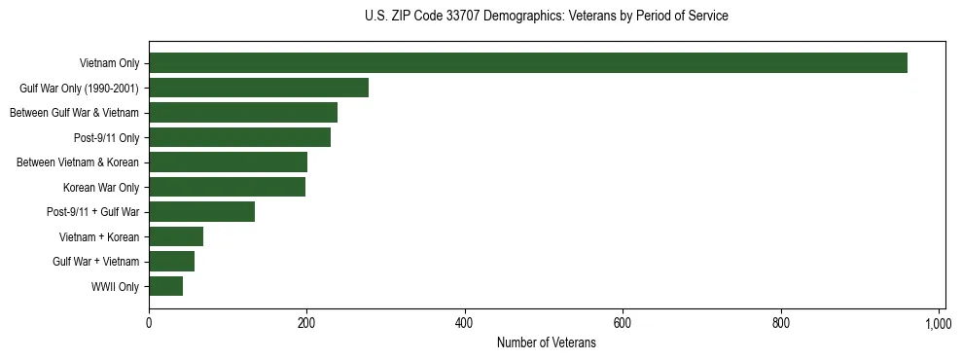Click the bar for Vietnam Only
(528, 63)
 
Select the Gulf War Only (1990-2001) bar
(259, 89)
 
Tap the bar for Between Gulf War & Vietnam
(243, 113)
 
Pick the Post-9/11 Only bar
(239, 137)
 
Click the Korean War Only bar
(227, 187)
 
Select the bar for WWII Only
(165, 286)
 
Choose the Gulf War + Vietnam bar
(171, 262)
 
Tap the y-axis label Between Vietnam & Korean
(78, 162)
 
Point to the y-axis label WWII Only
(116, 287)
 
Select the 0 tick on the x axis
(149, 323)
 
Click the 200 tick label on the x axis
(306, 323)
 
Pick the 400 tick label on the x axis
(465, 323)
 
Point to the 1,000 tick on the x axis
(939, 323)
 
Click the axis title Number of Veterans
(546, 342)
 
